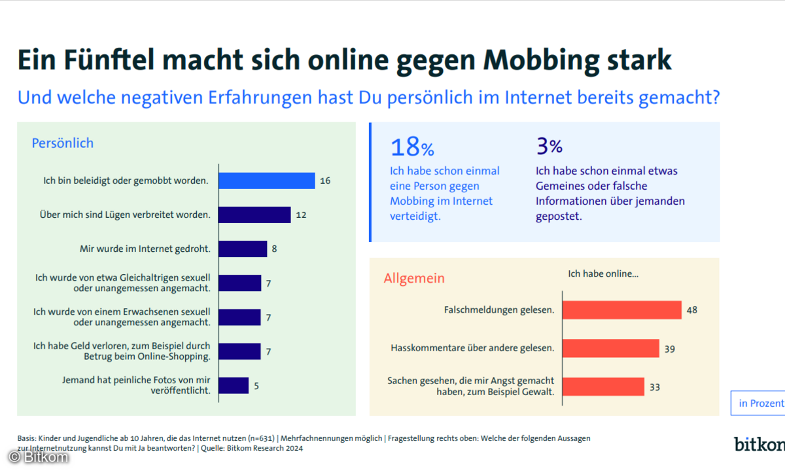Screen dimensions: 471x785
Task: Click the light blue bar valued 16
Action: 267,181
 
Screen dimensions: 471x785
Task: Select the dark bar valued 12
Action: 254,215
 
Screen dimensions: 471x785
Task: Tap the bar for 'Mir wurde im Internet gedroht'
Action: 243,249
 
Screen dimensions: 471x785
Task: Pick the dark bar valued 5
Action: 234,385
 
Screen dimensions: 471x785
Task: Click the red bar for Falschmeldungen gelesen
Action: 622,310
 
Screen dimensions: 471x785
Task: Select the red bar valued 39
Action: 611,348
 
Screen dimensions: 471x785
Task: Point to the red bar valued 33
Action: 603,387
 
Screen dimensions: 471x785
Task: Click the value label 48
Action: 691,310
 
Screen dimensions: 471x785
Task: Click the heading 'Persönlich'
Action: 63,143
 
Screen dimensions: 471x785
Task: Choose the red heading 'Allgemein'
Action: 414,278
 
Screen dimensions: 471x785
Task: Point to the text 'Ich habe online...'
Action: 602,273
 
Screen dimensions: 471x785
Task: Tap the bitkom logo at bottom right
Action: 759,444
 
